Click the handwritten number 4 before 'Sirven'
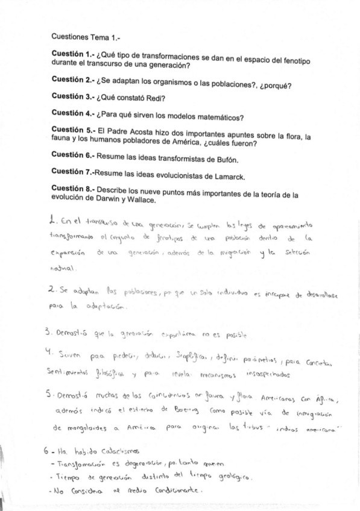(54, 350)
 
